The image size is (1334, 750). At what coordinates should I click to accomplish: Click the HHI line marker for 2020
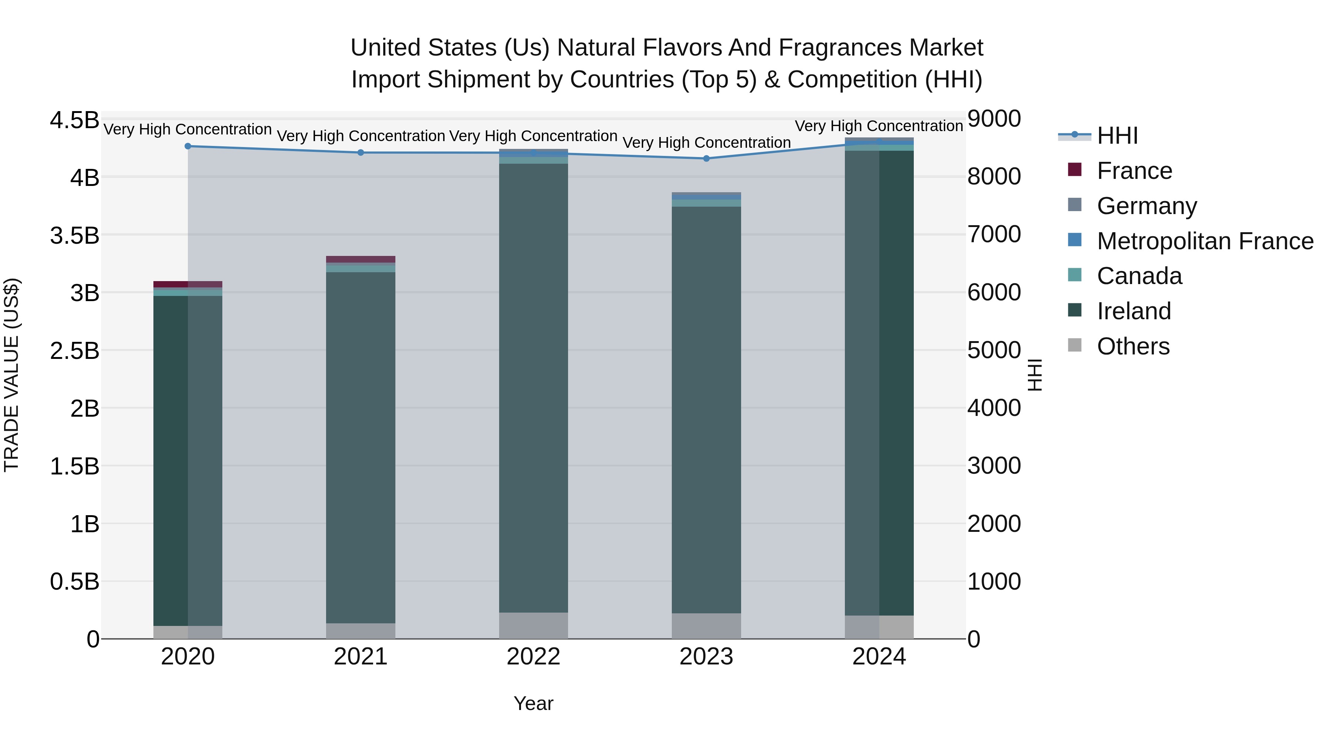(x=188, y=146)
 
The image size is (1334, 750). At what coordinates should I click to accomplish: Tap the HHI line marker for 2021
(x=361, y=153)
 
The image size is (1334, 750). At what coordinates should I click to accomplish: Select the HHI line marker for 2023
(x=706, y=159)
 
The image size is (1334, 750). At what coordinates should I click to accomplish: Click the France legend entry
(x=1134, y=171)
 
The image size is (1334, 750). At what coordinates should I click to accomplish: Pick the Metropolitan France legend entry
(x=1205, y=241)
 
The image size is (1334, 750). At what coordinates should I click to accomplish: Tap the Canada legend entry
(x=1139, y=276)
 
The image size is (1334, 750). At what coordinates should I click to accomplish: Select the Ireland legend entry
(x=1134, y=311)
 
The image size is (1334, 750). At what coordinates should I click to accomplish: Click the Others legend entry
(x=1133, y=346)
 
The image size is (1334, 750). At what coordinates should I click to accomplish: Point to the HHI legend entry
(x=1117, y=136)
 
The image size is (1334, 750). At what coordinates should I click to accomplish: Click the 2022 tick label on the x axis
(x=533, y=657)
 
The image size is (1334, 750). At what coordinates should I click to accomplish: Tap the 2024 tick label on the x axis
(x=879, y=657)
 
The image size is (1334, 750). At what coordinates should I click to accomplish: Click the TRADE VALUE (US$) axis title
(x=12, y=375)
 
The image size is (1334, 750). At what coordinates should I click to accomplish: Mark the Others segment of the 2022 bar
(x=533, y=626)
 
